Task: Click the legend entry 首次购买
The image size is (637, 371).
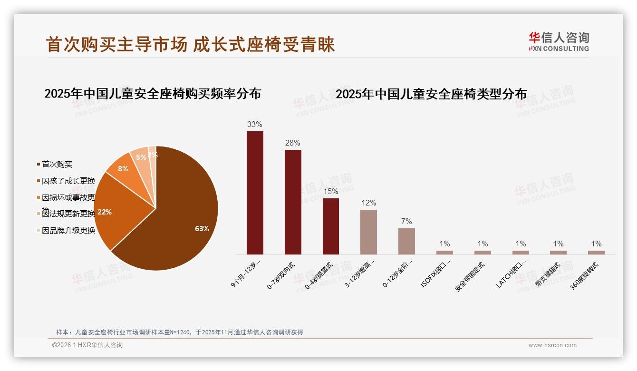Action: point(57,164)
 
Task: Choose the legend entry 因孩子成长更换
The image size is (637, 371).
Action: point(68,181)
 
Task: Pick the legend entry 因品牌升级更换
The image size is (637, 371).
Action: point(68,231)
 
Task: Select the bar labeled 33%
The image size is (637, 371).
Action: point(255,193)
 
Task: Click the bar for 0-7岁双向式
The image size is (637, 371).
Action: point(293,202)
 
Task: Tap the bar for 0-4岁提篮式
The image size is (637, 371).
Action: point(331,226)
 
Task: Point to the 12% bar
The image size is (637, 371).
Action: point(368,232)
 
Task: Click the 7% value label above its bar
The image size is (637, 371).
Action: point(406,221)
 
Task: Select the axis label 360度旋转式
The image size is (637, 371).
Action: point(585,276)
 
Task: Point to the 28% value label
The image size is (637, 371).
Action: point(293,143)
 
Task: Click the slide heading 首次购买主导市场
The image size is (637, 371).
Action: point(116,44)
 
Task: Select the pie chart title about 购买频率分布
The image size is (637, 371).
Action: point(153,93)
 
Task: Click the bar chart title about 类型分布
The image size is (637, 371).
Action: point(431,94)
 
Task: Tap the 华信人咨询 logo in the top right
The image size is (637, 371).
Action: point(559,41)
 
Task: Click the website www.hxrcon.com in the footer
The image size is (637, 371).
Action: point(552,345)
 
